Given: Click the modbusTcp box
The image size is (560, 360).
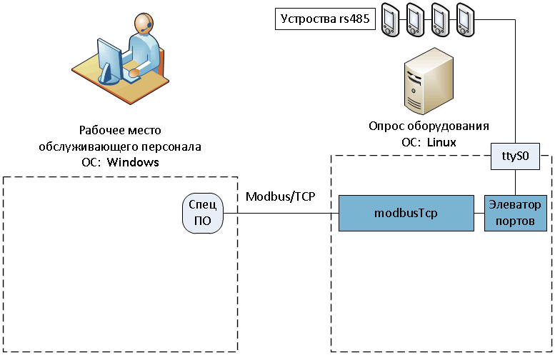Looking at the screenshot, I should (x=406, y=213).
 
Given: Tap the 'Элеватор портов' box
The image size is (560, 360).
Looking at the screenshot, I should (x=516, y=213).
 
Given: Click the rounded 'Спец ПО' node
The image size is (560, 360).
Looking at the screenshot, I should (x=202, y=213).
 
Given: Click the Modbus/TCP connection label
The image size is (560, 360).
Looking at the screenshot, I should (x=280, y=196).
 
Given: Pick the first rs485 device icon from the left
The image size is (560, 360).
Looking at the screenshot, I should (x=390, y=19).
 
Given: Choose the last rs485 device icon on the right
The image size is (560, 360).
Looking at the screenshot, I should (x=465, y=19).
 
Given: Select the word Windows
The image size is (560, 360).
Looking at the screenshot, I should (x=133, y=162).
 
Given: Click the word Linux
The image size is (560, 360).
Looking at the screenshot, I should (x=441, y=142).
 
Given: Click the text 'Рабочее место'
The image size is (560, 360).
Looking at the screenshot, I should (x=120, y=131).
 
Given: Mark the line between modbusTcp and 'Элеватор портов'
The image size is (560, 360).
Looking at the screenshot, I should (x=480, y=213).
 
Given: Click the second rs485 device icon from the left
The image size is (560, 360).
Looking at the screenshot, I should (x=415, y=19).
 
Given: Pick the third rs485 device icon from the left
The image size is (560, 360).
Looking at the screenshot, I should (x=440, y=19).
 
